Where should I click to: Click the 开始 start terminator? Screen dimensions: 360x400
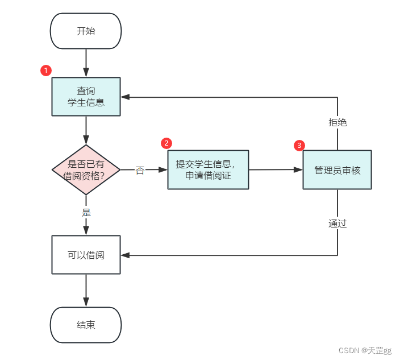86,31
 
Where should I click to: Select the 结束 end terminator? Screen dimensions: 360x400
86,325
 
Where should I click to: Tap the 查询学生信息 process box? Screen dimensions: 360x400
86,97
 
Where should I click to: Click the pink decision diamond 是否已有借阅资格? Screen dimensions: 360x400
86,169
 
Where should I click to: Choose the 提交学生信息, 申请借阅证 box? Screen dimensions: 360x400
208,169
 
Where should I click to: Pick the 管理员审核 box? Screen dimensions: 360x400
337,169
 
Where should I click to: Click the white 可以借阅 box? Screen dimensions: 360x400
86,255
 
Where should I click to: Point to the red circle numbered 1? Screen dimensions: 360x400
46,71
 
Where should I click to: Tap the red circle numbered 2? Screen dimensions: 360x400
166,143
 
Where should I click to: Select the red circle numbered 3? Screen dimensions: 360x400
299,146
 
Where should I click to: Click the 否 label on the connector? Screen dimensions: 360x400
140,171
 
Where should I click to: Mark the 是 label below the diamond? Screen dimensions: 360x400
86,213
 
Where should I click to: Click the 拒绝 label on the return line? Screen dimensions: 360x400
338,122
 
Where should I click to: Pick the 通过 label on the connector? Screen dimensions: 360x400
338,224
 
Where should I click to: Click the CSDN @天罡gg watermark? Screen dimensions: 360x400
366,350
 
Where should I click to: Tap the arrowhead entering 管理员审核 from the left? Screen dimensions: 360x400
298,169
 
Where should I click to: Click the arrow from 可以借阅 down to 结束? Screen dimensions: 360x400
86,291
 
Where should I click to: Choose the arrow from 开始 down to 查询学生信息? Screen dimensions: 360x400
86,63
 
